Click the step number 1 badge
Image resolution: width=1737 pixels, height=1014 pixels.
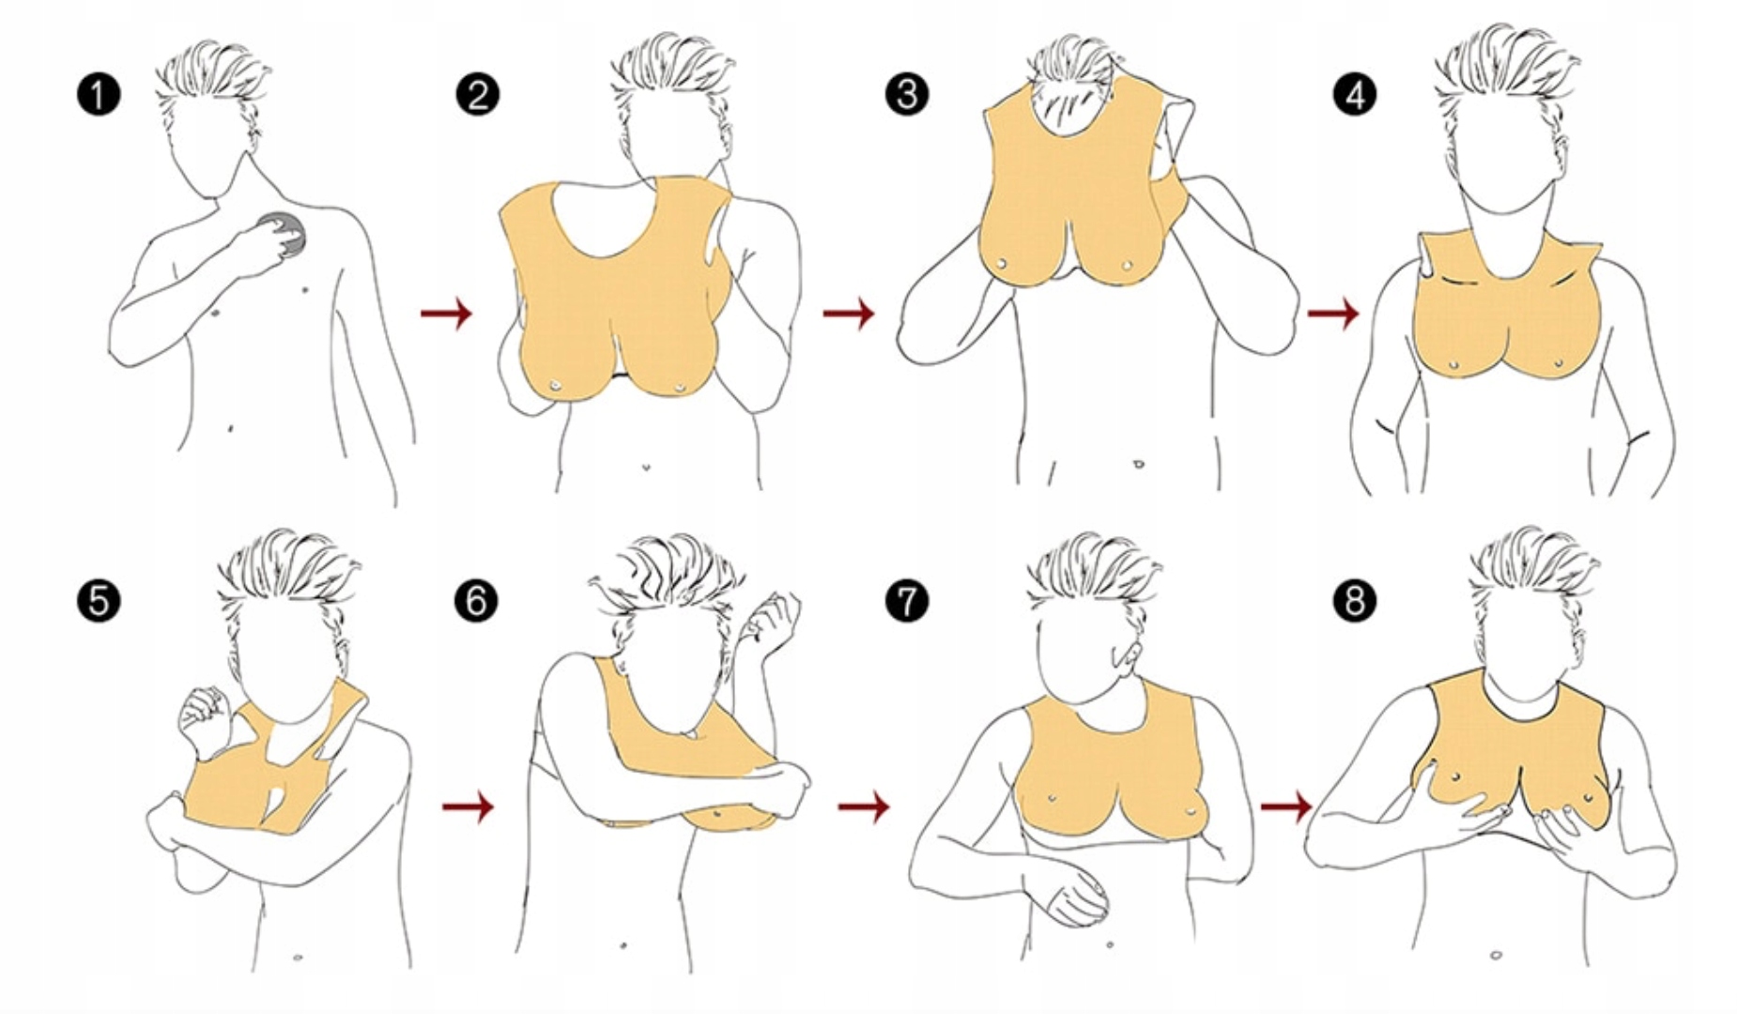click(x=99, y=95)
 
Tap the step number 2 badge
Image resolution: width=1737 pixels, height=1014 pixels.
click(x=477, y=95)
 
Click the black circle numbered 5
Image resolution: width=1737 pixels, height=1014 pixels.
click(x=99, y=601)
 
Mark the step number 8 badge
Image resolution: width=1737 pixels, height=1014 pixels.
click(x=1354, y=601)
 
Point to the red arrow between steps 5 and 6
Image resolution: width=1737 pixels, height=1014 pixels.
click(x=468, y=806)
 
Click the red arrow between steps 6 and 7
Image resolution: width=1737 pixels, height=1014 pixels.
click(x=864, y=806)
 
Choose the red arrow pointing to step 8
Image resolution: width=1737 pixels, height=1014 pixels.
click(x=1286, y=806)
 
